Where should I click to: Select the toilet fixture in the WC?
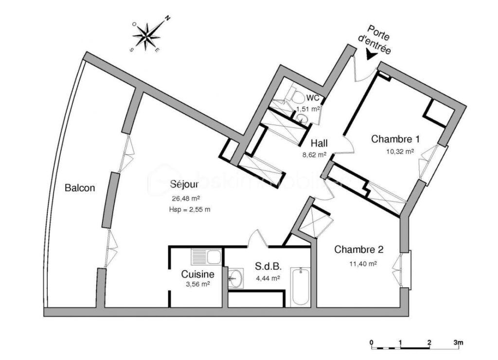(x=292, y=92)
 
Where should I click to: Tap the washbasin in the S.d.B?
(x=235, y=279)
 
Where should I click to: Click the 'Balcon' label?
(x=80, y=188)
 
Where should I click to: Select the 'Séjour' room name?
(x=184, y=185)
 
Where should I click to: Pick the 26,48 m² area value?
(x=185, y=198)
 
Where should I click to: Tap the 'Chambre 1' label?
(x=395, y=139)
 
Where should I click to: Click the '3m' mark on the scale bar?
(x=458, y=342)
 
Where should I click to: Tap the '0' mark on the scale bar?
(x=371, y=342)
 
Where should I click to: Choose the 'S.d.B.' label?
(x=267, y=267)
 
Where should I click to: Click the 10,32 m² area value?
(x=400, y=152)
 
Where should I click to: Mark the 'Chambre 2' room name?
(x=359, y=250)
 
